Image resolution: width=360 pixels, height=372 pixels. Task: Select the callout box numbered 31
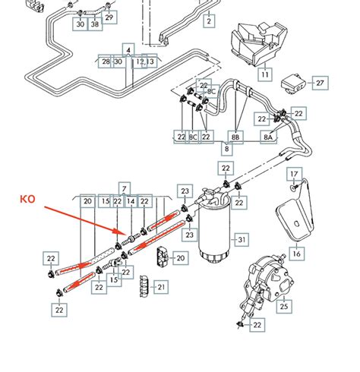[242, 241]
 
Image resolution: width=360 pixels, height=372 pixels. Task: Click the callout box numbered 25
[284, 307]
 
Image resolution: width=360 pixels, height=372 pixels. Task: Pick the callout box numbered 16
[296, 254]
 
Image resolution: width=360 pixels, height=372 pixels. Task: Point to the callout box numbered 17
[295, 175]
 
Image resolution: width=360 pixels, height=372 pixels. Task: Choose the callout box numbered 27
[320, 82]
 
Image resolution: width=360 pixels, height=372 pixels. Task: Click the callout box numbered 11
[264, 75]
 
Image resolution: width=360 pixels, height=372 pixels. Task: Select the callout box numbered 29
[110, 17]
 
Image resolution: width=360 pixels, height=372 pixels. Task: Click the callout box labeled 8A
[267, 137]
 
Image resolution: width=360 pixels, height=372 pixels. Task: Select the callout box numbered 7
[125, 187]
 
